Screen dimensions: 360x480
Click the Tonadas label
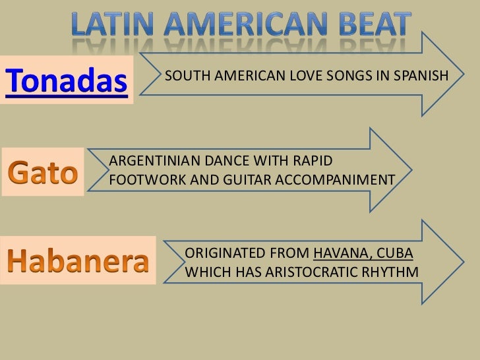(x=65, y=82)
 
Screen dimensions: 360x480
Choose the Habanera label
(x=78, y=262)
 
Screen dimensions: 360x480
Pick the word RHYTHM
(x=394, y=272)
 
